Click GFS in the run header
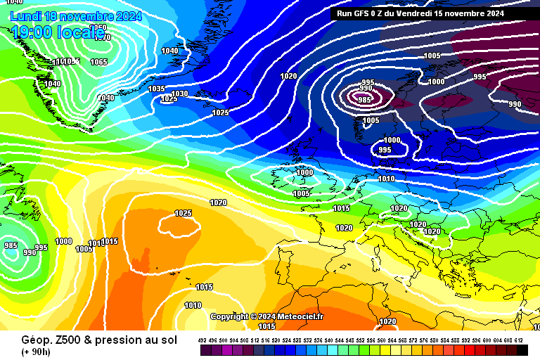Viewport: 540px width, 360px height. click(x=364, y=13)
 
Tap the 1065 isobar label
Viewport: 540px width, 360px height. click(x=98, y=62)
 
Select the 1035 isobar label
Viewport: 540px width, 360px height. click(x=156, y=89)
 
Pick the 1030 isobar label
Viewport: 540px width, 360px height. click(x=179, y=94)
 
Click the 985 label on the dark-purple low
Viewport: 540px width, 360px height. click(x=364, y=100)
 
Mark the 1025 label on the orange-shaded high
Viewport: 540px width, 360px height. click(x=183, y=213)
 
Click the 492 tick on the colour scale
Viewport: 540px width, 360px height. click(x=202, y=340)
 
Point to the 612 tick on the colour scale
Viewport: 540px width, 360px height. click(x=518, y=340)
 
